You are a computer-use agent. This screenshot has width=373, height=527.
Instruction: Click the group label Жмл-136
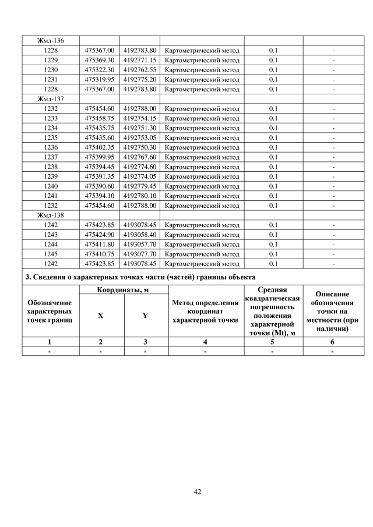click(51, 41)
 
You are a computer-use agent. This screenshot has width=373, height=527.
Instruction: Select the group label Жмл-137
click(51, 99)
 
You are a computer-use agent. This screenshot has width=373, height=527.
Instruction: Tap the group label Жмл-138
click(51, 215)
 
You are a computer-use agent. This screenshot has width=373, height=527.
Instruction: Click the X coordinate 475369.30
click(101, 60)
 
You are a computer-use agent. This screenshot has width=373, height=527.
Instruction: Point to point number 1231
click(51, 79)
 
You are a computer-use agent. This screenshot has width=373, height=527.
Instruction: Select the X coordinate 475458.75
click(101, 118)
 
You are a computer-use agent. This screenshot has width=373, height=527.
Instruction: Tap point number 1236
click(51, 147)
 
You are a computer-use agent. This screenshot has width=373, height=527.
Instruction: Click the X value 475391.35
click(101, 176)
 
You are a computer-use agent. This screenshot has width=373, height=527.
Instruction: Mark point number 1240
click(51, 186)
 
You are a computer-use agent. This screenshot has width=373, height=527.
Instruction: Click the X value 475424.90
click(101, 235)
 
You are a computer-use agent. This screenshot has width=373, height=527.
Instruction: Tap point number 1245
click(51, 254)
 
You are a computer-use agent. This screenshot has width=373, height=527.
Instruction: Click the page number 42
click(197, 492)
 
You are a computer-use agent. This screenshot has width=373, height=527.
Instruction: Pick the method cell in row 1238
click(202, 167)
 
